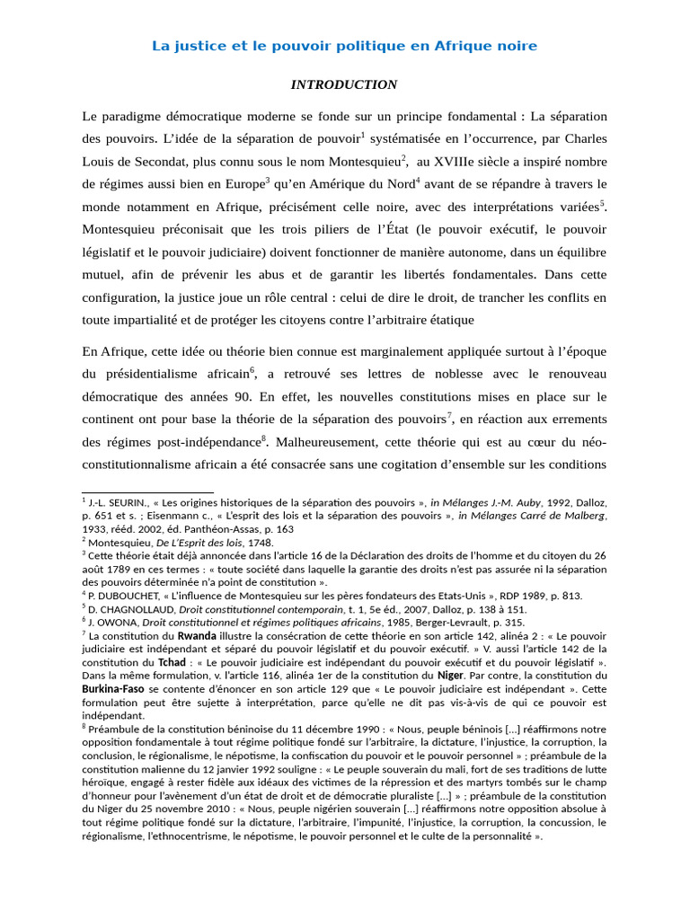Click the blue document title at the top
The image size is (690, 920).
pos(344,45)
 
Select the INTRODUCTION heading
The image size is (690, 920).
pos(344,84)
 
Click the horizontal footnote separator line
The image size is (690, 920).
pos(147,492)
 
